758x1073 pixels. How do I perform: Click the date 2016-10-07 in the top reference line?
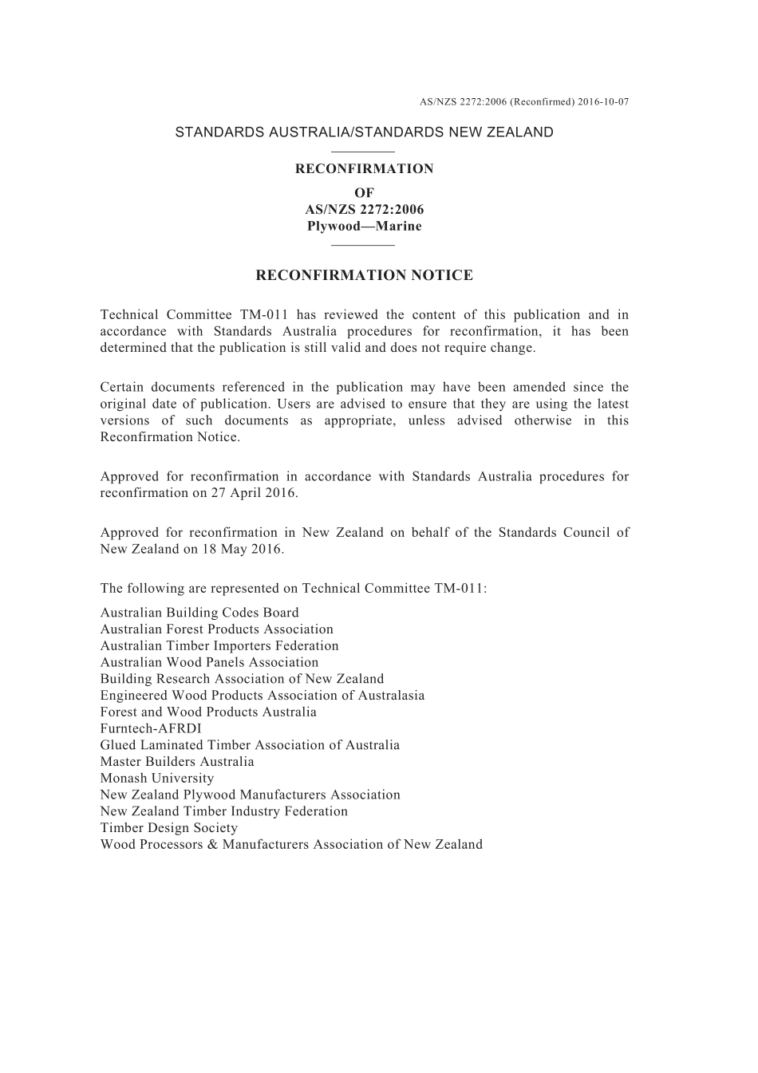603,102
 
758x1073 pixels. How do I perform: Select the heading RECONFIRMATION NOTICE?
364,276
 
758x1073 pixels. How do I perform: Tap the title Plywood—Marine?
364,226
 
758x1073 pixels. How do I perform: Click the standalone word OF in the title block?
364,192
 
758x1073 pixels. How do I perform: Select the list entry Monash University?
157,778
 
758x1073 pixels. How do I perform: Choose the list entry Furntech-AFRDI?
151,728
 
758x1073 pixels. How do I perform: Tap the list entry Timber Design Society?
169,827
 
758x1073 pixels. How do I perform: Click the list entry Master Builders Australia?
177,761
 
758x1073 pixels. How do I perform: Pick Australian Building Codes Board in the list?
199,613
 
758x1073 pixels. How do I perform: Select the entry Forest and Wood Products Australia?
208,712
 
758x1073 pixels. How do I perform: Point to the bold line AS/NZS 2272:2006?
364,209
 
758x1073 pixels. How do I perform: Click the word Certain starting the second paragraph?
122,388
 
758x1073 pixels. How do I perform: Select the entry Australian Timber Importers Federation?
219,645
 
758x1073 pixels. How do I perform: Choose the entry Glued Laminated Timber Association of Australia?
250,745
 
